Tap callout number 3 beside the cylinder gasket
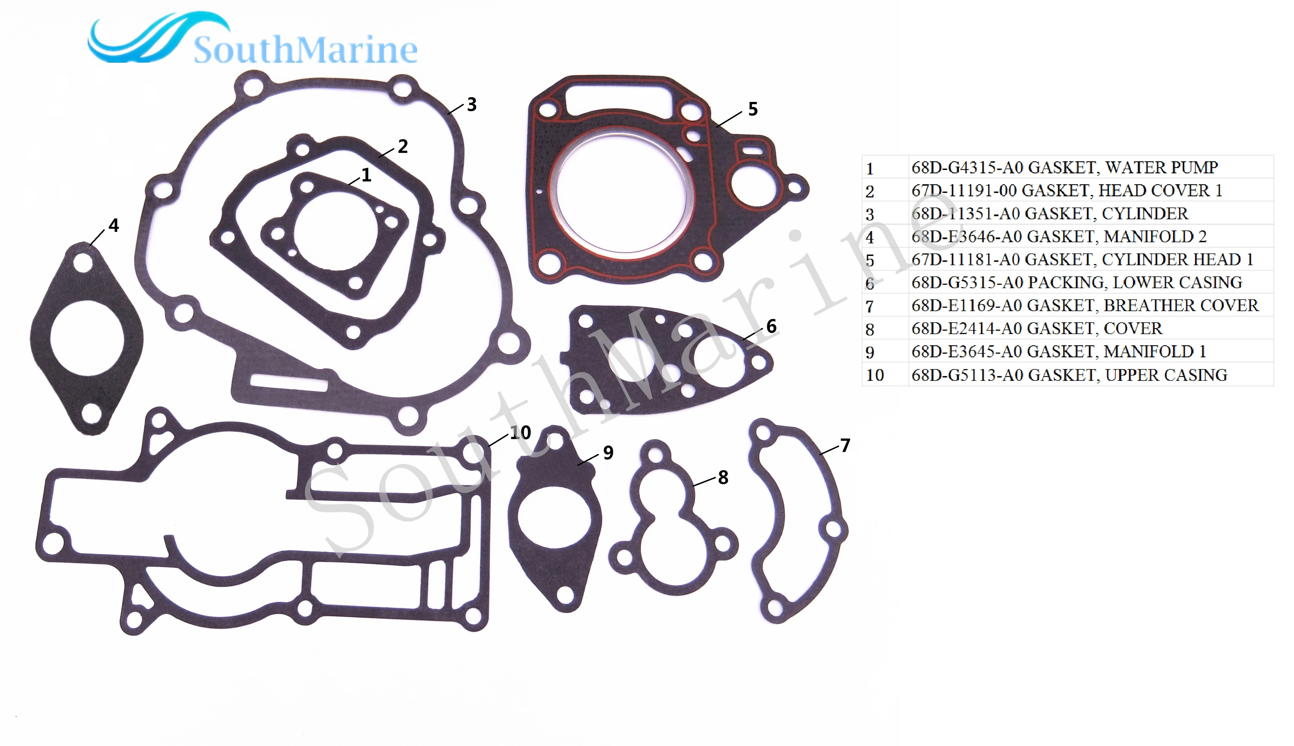tap(471, 104)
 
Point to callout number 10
tap(520, 433)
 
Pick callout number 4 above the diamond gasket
tap(114, 225)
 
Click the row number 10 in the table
tap(875, 375)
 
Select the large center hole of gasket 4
tap(86, 339)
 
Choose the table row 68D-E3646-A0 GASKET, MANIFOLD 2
tap(1059, 237)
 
